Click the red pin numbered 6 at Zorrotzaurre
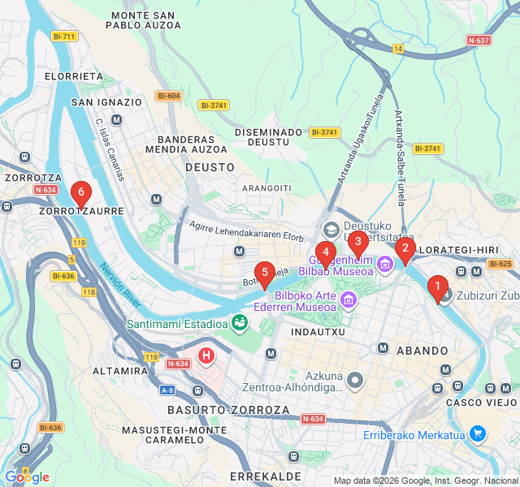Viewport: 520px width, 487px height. (x=80, y=194)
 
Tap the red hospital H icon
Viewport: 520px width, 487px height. (x=207, y=355)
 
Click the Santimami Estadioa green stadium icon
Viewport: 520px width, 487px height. (x=240, y=324)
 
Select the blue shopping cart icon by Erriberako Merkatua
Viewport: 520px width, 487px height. (x=477, y=435)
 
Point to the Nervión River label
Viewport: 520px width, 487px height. (x=121, y=285)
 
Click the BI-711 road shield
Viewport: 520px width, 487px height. (x=63, y=37)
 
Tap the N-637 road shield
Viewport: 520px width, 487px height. (x=479, y=40)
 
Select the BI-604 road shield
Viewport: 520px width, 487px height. (x=169, y=96)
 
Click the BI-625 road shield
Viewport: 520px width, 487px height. (x=500, y=264)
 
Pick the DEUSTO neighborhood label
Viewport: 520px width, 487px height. (x=210, y=167)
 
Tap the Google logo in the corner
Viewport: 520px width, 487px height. (x=27, y=477)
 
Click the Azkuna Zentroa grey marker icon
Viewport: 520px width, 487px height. (x=355, y=380)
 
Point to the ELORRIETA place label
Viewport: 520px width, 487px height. (x=75, y=76)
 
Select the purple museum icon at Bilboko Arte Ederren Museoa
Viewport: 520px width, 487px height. (x=349, y=301)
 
